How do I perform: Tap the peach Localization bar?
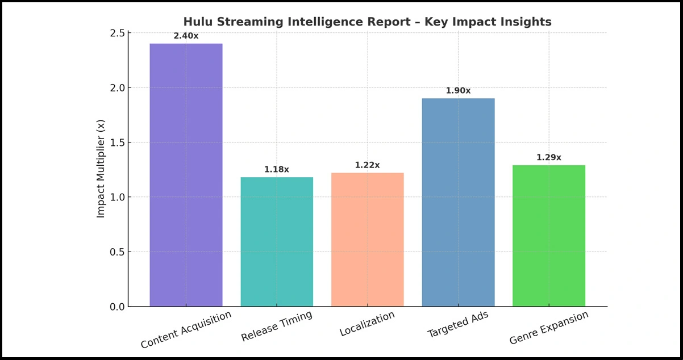coord(367,240)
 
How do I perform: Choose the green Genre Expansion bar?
coord(548,236)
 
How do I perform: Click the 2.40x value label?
coord(186,36)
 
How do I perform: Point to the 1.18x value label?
coord(277,169)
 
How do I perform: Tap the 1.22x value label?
coord(367,165)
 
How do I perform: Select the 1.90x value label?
coord(458,90)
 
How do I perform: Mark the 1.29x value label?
coord(548,157)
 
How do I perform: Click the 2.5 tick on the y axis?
coord(116,34)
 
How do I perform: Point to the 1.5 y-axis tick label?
coord(116,143)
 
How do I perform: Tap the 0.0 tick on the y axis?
coord(116,307)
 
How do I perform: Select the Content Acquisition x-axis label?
coord(186,330)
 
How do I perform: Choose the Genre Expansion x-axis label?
coord(549,328)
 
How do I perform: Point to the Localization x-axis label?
coord(367,324)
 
